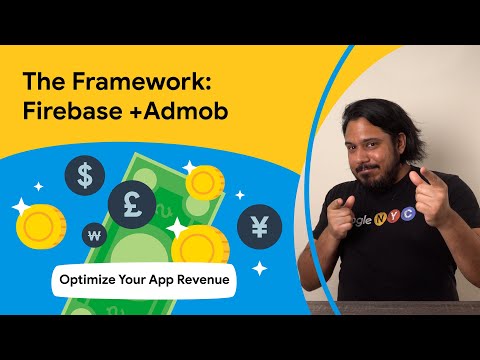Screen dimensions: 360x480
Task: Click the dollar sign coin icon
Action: [x=85, y=178]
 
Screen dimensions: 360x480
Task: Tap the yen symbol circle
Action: [x=259, y=226]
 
